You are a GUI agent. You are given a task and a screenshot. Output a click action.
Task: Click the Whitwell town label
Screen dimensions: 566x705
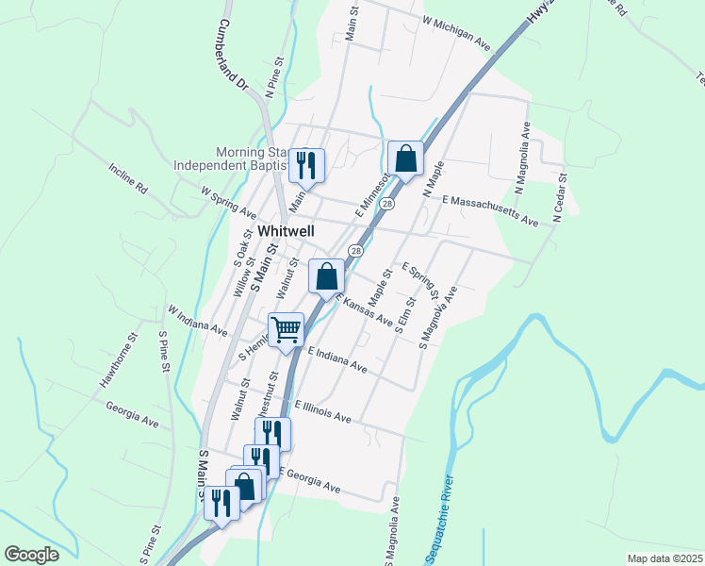pyautogui.click(x=286, y=230)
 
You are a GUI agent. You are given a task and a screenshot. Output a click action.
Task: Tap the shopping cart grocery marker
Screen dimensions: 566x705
pyautogui.click(x=286, y=329)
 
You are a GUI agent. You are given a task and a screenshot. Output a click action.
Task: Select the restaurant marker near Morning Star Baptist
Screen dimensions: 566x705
pyautogui.click(x=306, y=165)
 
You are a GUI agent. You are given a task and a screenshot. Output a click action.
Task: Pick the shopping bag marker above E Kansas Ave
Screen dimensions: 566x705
pyautogui.click(x=326, y=277)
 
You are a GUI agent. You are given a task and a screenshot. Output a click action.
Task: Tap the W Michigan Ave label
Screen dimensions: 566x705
pyautogui.click(x=457, y=32)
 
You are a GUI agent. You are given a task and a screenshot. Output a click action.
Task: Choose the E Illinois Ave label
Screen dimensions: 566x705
pyautogui.click(x=322, y=410)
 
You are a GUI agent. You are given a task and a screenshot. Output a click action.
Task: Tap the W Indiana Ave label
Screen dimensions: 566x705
pyautogui.click(x=198, y=321)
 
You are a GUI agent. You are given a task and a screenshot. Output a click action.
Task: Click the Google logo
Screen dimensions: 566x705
pyautogui.click(x=31, y=555)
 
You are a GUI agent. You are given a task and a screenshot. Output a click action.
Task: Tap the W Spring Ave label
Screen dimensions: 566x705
pyautogui.click(x=228, y=202)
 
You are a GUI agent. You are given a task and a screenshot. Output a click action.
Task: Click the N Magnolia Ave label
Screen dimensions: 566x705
pyautogui.click(x=523, y=151)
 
